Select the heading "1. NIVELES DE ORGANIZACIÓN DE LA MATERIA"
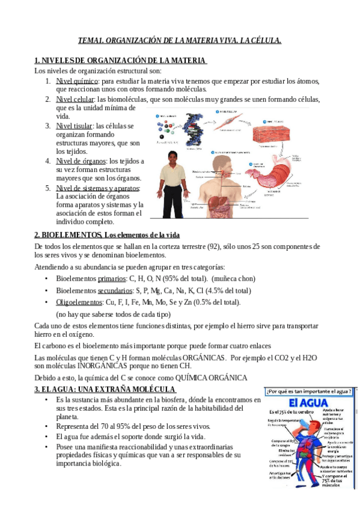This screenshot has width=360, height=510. tap(120, 60)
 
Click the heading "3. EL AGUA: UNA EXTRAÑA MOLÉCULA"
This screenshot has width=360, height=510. tap(100, 390)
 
